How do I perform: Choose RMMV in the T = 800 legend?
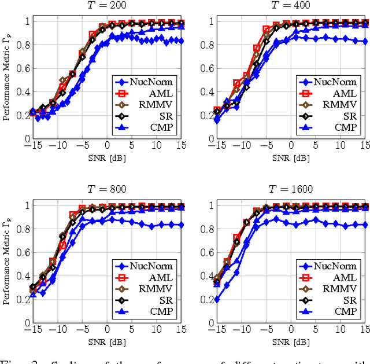(156, 289)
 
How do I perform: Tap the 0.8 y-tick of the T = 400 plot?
(206, 45)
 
